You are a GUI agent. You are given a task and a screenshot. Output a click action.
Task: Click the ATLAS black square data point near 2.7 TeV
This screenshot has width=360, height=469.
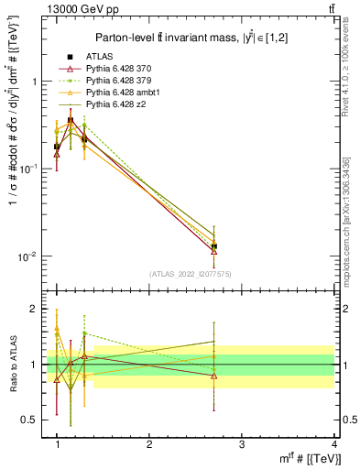213,246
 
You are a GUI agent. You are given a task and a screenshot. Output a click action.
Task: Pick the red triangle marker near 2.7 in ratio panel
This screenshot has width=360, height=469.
213,376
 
